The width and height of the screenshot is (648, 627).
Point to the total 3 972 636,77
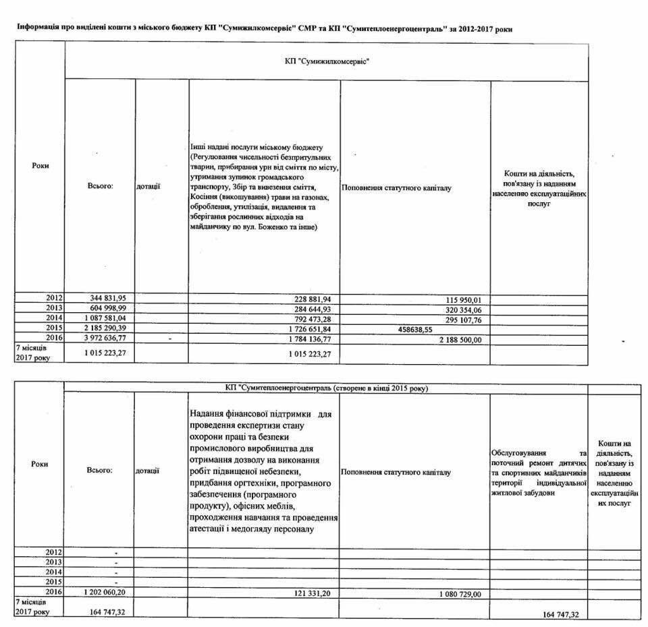[108, 339]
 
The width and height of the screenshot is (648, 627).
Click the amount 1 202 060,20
[108, 591]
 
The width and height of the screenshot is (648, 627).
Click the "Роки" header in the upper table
[40, 165]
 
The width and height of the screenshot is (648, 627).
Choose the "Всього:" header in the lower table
[99, 470]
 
